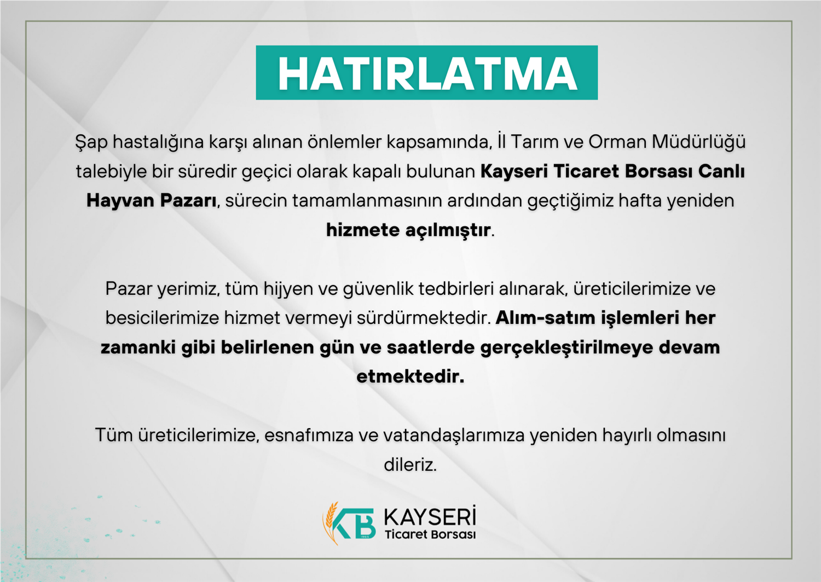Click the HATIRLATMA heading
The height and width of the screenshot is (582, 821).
pyautogui.click(x=427, y=74)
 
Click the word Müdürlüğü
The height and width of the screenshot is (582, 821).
pyautogui.click(x=698, y=142)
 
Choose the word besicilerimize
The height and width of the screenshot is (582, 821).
pyautogui.click(x=163, y=318)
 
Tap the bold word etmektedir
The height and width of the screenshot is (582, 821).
pyautogui.click(x=410, y=377)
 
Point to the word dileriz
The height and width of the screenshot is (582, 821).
pyautogui.click(x=410, y=465)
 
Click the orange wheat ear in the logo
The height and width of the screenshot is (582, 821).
pyautogui.click(x=330, y=523)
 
